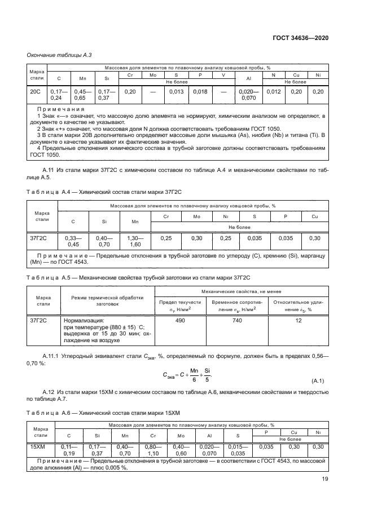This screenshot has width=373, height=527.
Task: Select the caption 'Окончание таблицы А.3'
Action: [x=55, y=55]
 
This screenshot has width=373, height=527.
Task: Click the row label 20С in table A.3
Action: [x=35, y=92]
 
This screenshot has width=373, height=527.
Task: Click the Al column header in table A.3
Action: [x=248, y=78]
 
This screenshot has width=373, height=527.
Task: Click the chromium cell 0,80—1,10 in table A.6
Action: [x=153, y=449]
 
